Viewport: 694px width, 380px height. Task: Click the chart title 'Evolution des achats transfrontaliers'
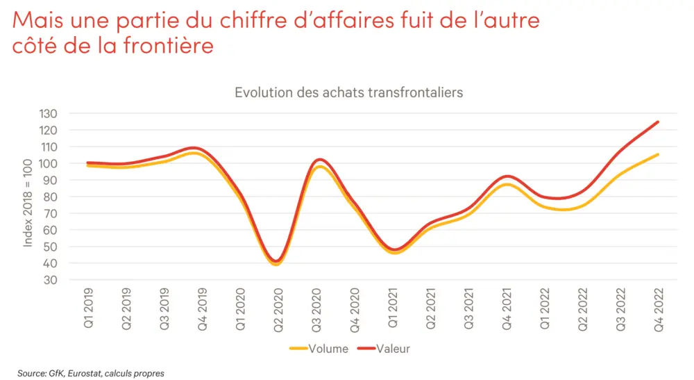point(348,92)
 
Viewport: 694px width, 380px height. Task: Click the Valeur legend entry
point(392,349)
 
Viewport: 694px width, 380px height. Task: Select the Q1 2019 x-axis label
point(88,309)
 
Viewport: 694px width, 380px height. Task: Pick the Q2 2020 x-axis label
point(278,309)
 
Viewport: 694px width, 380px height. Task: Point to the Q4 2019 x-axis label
point(202,309)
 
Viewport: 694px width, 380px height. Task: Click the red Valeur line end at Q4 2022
point(657,122)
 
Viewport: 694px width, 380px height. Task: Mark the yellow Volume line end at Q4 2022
point(657,154)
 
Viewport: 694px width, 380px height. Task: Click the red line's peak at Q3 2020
point(316,160)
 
